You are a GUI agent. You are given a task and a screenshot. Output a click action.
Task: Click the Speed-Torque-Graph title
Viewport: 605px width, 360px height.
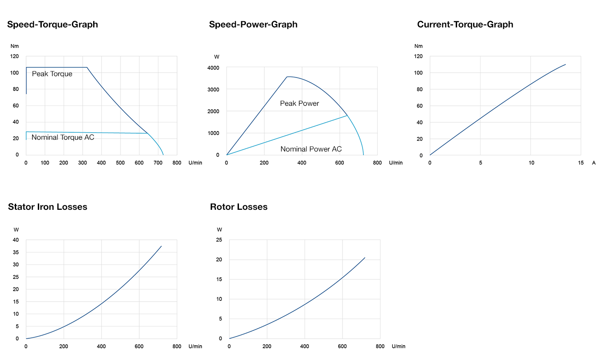point(52,24)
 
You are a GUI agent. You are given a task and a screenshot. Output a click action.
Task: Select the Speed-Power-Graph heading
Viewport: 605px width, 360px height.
point(253,24)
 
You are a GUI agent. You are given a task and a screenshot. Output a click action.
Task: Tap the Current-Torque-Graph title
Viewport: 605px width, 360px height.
point(465,24)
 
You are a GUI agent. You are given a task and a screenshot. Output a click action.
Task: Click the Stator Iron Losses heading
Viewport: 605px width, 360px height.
point(47,207)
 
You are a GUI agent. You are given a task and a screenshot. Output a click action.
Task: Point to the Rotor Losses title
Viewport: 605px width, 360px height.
point(239,207)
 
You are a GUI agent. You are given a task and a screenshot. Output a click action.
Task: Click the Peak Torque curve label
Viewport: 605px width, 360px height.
point(52,74)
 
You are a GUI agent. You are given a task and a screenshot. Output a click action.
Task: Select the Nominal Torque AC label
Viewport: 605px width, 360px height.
point(63,138)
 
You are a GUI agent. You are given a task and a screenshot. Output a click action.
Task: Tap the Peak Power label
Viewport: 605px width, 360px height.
point(299,104)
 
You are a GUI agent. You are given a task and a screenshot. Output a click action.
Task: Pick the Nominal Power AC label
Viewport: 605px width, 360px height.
point(311,149)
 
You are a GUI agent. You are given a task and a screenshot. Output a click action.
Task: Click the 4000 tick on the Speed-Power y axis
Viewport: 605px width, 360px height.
point(213,68)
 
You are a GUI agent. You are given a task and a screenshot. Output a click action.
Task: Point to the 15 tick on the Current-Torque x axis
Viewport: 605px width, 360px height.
point(581,163)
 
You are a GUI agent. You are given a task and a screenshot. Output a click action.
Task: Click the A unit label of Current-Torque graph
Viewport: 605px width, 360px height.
point(594,163)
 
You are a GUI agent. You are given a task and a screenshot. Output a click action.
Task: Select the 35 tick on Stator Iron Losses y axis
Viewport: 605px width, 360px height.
point(16,252)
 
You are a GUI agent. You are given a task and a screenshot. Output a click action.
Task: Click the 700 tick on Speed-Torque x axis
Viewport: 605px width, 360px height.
point(158,163)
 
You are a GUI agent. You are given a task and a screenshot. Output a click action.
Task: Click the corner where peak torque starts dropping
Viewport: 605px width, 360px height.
point(87,67)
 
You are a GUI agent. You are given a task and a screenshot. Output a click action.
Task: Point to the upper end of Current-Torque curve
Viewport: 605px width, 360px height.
point(565,64)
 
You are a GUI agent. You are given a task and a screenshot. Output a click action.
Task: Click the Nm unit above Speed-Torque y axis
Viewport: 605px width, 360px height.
point(14,46)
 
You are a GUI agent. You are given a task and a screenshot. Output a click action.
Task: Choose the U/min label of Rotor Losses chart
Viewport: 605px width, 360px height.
point(398,347)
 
